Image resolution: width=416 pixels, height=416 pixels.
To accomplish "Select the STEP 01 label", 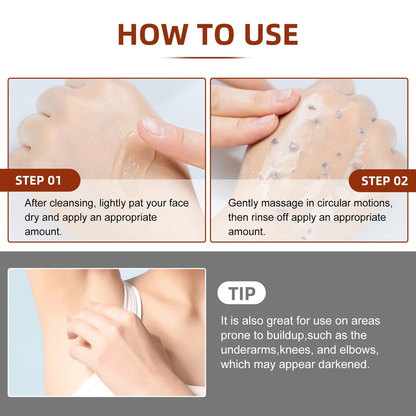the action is pos(38,181).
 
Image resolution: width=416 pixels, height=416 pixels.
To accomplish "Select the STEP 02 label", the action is pos(385,181).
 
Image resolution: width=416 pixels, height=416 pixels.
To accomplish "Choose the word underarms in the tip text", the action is pos(248,350).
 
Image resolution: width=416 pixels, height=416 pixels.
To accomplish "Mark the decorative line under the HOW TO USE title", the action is pos(208,58).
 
